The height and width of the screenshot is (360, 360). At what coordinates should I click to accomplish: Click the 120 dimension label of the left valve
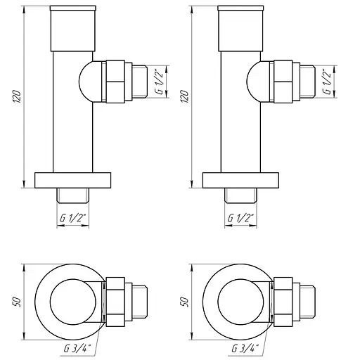coord(17,96)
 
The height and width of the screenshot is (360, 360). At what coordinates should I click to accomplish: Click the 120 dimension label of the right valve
coord(185,96)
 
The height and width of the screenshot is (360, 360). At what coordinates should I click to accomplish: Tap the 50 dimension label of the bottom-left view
coord(17,302)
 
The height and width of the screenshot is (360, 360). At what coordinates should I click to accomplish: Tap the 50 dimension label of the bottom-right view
coord(185,302)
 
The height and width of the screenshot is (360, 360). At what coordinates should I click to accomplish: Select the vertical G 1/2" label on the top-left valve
coord(160,82)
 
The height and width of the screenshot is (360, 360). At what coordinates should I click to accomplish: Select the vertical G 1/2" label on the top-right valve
coord(328,82)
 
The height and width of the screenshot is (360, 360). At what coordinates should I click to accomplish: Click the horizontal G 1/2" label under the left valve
coord(73,218)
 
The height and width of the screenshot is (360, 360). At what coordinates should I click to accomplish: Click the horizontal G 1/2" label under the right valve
coord(240,218)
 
